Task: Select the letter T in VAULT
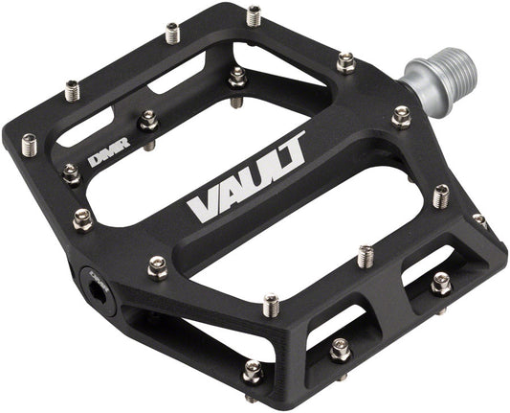point(291,149)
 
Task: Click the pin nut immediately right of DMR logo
point(148,120)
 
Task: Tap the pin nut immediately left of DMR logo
point(71,173)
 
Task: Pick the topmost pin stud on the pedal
point(254,15)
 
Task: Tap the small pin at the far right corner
point(479,221)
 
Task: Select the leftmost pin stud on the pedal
point(28,145)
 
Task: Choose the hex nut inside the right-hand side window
point(440,284)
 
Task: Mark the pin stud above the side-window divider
point(365,256)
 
